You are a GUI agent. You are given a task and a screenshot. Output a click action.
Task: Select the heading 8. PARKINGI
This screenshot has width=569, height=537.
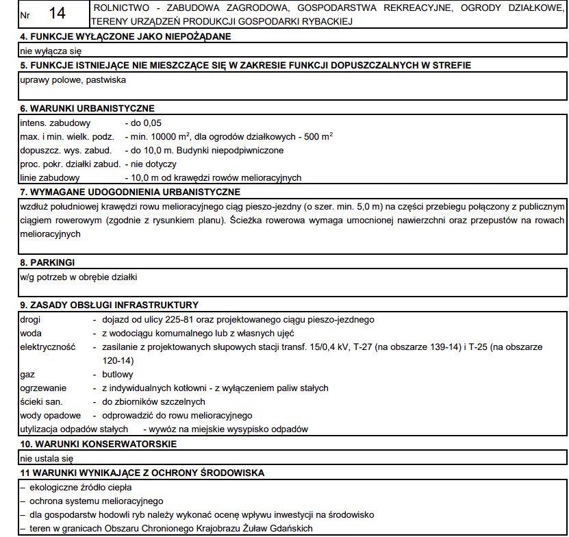47,262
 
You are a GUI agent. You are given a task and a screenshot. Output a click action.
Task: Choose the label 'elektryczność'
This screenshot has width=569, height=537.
47,347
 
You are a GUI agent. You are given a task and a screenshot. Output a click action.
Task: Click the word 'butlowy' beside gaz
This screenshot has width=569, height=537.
118,375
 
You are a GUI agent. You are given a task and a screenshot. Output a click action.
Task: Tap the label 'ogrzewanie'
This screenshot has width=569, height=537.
43,388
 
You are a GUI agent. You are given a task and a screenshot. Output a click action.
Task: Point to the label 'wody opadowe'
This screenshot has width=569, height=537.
50,416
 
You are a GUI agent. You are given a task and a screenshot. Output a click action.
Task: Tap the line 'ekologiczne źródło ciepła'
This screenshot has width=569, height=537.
85,487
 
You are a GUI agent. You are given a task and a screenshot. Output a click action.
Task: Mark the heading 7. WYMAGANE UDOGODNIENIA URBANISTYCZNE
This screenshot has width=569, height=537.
130,192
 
